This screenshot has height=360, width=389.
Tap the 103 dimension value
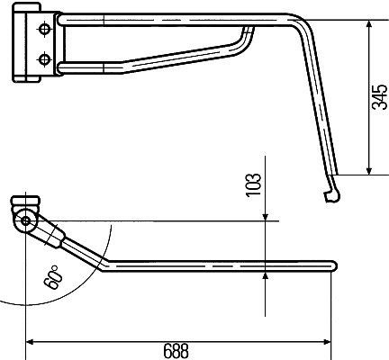[x=255, y=184]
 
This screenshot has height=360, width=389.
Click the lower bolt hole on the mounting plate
[x=42, y=60]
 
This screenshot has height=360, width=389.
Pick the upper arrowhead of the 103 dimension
[x=267, y=215]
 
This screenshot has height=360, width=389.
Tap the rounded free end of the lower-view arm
[x=333, y=265]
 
